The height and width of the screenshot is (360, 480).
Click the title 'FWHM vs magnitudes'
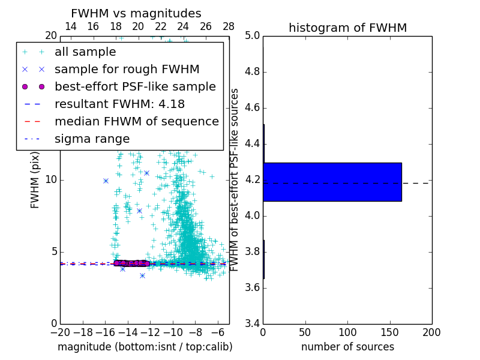[136, 13]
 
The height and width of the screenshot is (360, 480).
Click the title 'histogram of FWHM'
[347, 28]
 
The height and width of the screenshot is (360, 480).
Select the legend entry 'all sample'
[85, 52]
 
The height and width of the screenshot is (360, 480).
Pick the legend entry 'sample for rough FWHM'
[127, 70]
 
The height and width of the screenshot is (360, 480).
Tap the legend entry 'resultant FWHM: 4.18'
[119, 104]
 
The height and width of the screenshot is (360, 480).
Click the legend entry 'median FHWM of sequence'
[136, 122]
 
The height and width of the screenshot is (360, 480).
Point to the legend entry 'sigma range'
[92, 139]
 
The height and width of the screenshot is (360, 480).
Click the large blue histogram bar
[332, 182]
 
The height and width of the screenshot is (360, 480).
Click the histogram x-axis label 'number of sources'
[347, 347]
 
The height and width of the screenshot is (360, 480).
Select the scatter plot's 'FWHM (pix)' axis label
[35, 179]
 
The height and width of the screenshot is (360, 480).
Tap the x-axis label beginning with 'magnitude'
[145, 347]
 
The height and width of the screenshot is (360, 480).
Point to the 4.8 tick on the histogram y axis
[252, 72]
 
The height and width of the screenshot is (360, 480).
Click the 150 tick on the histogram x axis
[389, 332]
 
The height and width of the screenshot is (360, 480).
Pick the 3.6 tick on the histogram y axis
[252, 287]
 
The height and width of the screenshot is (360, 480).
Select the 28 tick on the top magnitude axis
[229, 26]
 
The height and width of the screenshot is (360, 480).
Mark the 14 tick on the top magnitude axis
[70, 26]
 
